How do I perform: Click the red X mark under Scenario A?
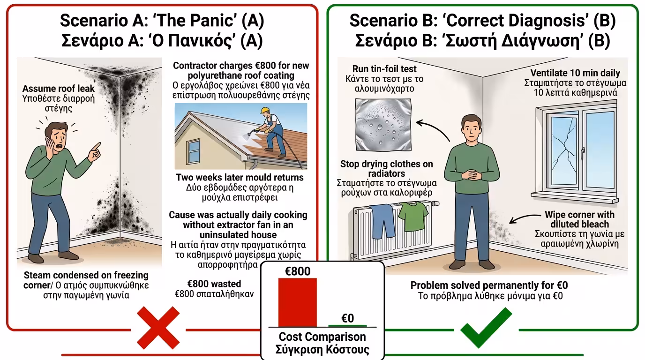(157, 328)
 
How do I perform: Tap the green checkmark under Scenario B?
(486, 327)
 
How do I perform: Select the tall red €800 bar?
(297, 302)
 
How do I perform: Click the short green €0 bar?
(347, 325)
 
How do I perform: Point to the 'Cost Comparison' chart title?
(322, 337)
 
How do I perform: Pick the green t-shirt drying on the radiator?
(413, 216)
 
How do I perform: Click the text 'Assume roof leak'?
(58, 89)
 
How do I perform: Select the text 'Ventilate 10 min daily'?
(575, 73)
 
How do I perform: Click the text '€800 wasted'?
(214, 284)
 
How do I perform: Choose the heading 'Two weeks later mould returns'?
(240, 178)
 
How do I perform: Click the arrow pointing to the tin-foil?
(432, 127)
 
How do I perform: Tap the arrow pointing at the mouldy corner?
(525, 217)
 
